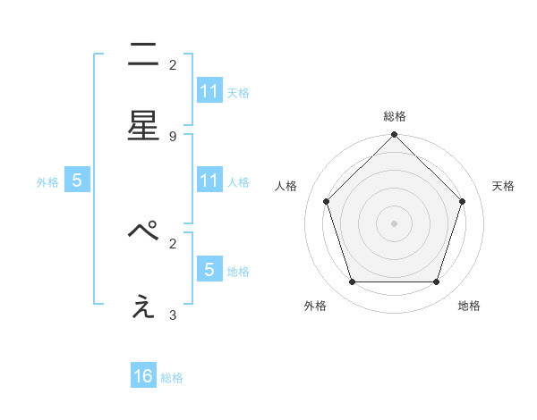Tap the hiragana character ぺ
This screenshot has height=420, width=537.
[x=143, y=231]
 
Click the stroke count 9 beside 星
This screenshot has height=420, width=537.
[x=173, y=136]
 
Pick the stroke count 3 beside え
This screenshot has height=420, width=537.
[x=173, y=315]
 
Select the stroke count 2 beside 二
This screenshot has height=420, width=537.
[x=173, y=64]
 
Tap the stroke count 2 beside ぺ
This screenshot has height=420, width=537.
[x=173, y=242]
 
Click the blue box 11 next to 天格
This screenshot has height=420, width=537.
[x=209, y=91]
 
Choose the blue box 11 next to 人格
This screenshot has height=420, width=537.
[x=209, y=181]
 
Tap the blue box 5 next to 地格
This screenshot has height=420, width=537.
[x=209, y=270]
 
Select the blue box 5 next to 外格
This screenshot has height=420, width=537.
[x=77, y=181]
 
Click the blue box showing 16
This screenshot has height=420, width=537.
[x=143, y=376]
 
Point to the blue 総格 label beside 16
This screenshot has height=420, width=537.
[x=172, y=378]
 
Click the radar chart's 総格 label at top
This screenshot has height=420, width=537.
[x=395, y=116]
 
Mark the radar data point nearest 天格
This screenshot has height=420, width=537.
[x=463, y=201]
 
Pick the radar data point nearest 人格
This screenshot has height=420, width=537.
[x=327, y=201]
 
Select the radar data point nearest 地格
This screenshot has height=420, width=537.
[x=437, y=281]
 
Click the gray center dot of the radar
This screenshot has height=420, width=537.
[x=395, y=223]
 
